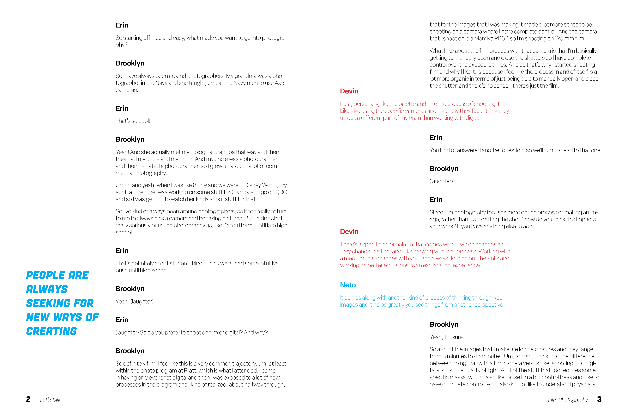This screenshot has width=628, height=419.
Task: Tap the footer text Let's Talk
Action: pos(50,400)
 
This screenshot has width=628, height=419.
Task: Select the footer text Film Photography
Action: pos(568,400)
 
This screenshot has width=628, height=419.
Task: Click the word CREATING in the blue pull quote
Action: pos(51,331)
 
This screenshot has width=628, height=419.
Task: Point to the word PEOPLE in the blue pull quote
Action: pos(45,275)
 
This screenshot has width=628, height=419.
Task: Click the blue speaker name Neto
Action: pos(348,285)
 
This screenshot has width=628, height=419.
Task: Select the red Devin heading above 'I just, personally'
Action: pos(349,91)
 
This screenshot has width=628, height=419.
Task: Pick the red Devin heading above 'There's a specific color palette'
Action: pos(349,232)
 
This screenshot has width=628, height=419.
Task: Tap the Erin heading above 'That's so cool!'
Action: pos(122,108)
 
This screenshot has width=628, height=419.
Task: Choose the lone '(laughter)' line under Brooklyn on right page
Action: pos(441,181)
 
